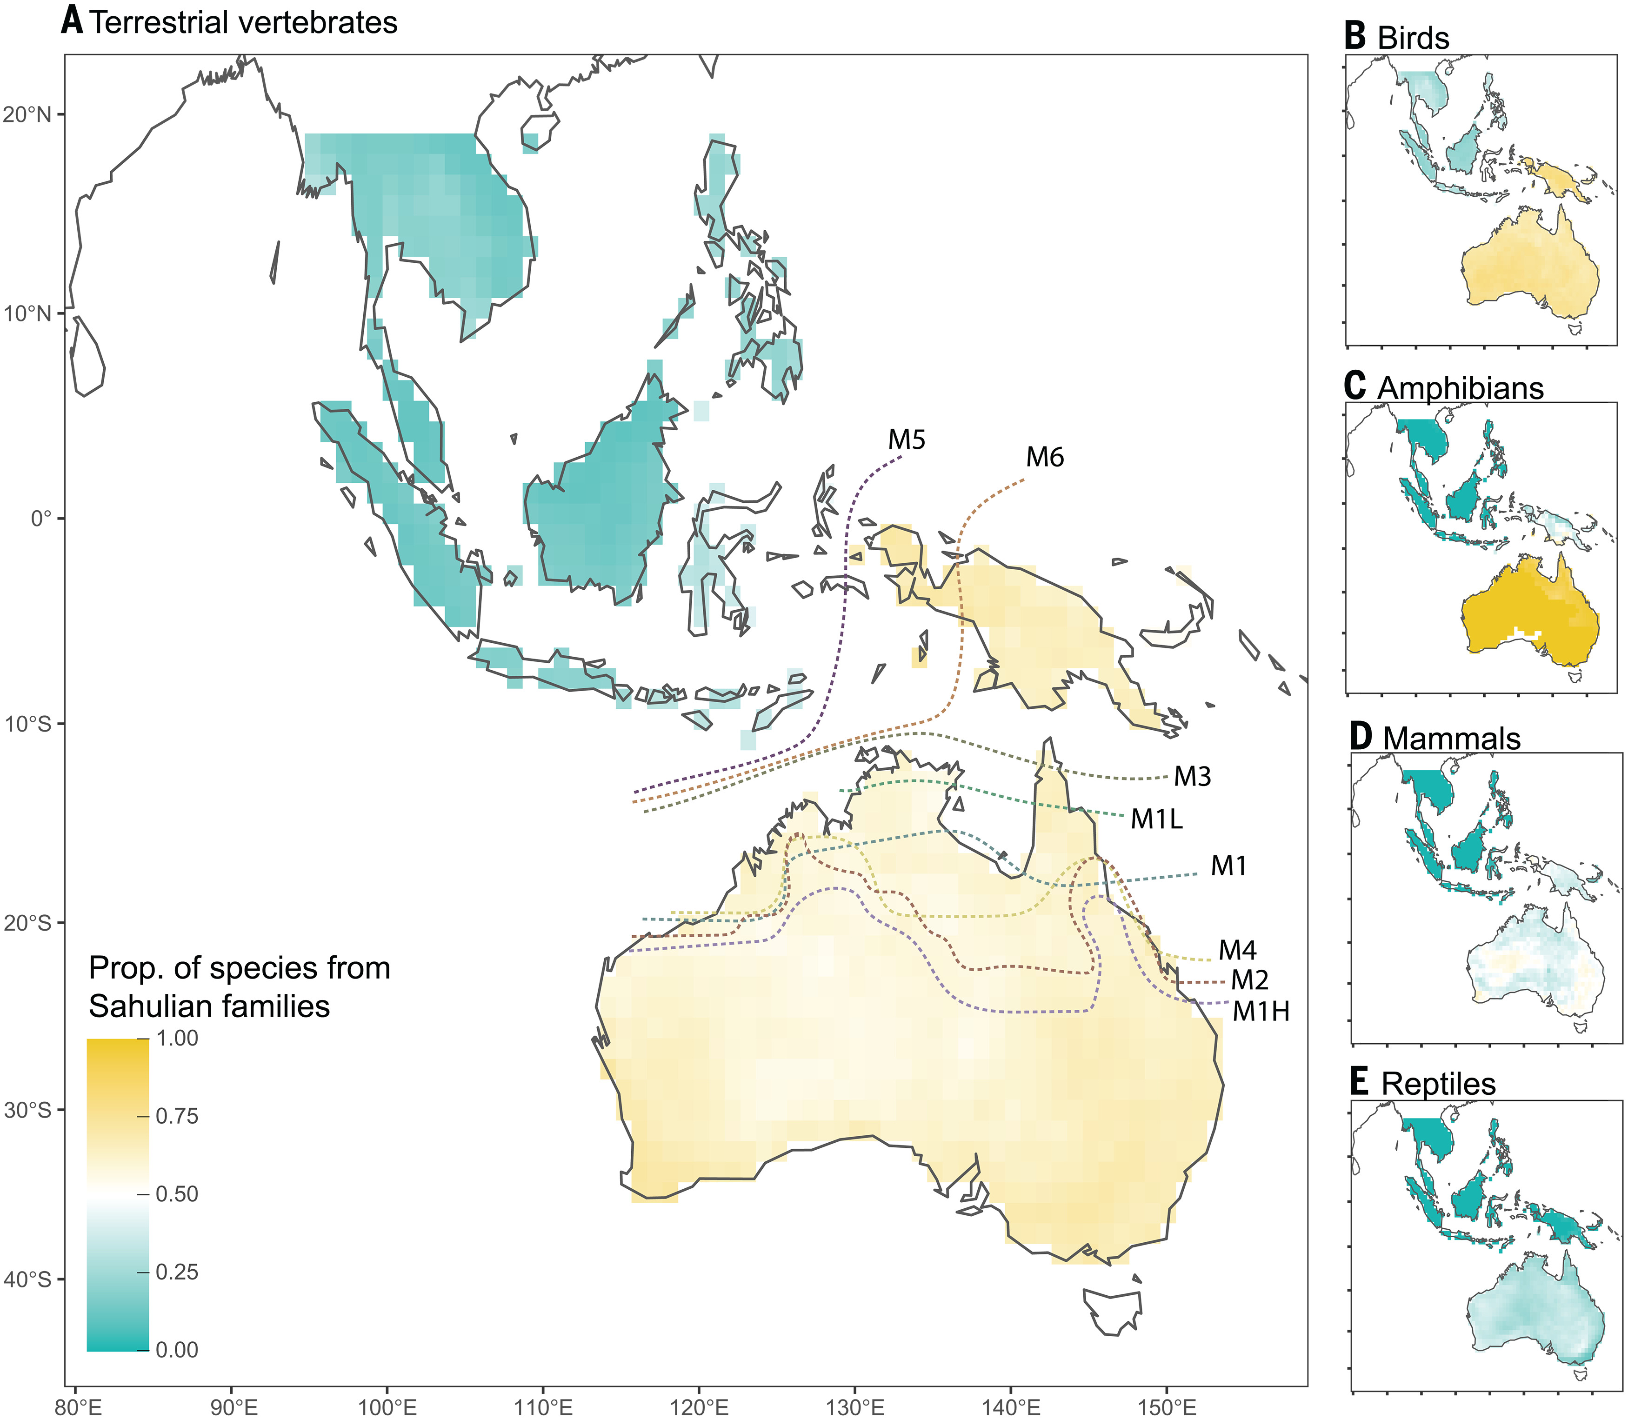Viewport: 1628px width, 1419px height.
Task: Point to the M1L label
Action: pos(1156,819)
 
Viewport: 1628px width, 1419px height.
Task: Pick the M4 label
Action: pos(1238,950)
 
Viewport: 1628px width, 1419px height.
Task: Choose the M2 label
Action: pos(1249,980)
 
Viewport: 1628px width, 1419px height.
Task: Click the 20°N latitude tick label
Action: pos(26,115)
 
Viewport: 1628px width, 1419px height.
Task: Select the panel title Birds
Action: pos(1414,38)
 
